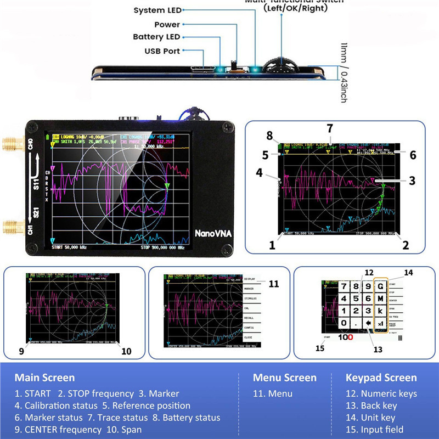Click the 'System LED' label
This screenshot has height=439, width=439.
(x=156, y=10)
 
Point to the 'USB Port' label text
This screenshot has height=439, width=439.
(x=162, y=51)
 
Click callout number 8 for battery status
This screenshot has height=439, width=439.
(x=269, y=135)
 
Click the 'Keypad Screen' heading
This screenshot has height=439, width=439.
(x=381, y=378)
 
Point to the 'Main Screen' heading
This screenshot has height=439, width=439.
(x=44, y=378)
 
